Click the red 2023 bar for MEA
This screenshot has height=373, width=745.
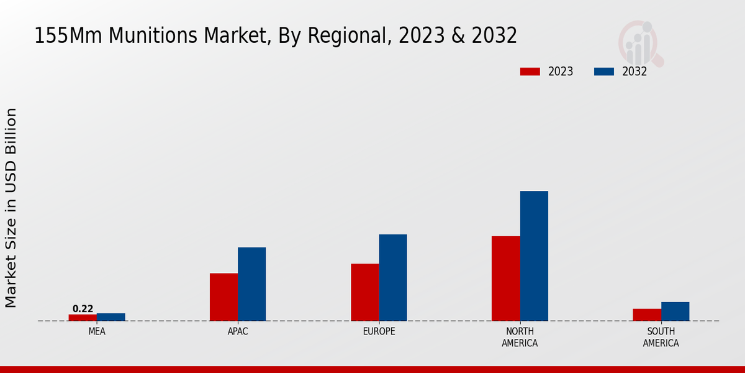[83, 318]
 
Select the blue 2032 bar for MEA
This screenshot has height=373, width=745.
[111, 317]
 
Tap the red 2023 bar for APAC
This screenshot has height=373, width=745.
[223, 297]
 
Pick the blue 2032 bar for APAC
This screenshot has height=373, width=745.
[251, 284]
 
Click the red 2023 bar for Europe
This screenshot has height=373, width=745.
[364, 292]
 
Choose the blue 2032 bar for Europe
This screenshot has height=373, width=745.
[393, 277]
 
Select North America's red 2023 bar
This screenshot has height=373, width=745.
[505, 279]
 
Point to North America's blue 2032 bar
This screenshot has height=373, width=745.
[534, 256]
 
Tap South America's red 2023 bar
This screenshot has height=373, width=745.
[646, 315]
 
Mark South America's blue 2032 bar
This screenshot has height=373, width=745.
[675, 311]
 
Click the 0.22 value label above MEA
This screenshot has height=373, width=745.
[83, 309]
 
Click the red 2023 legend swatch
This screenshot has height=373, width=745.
[530, 71]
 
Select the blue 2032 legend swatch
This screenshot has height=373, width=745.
[604, 71]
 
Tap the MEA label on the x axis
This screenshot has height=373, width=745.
[97, 331]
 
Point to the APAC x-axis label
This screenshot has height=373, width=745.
[238, 331]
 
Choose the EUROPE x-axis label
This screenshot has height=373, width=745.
[379, 331]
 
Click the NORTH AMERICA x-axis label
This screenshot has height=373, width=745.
[520, 337]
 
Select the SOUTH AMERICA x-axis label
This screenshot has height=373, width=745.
[661, 337]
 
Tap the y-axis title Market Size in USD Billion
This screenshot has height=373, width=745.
[11, 208]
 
